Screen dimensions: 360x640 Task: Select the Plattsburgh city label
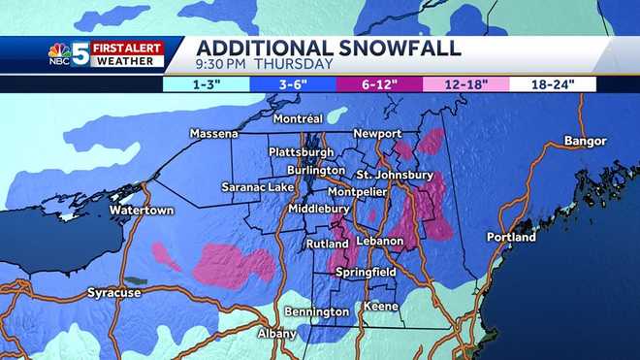tap(300, 152)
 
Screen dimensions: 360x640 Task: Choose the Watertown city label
tap(140, 210)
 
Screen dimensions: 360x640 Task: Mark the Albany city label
tap(277, 334)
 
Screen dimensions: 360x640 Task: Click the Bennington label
tap(316, 311)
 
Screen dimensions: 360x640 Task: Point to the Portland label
tap(511, 237)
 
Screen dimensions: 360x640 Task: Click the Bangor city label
tap(585, 142)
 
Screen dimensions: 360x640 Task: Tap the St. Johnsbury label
tap(395, 175)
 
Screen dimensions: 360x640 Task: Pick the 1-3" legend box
tap(207, 83)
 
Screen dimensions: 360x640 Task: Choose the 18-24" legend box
tap(556, 83)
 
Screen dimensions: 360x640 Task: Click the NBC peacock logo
tap(59, 56)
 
